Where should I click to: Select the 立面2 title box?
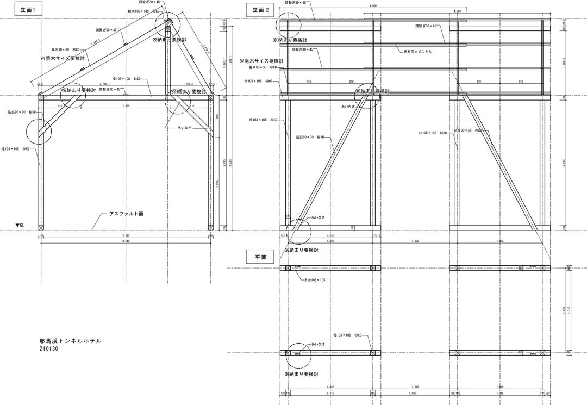click(x=260, y=10)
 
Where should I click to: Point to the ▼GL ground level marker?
click(x=20, y=225)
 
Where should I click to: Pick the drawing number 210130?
click(x=50, y=350)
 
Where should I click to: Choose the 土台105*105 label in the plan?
click(x=315, y=280)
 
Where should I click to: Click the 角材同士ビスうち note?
click(x=417, y=52)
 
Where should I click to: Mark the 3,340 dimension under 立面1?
click(x=126, y=241)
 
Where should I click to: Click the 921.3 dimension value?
click(x=189, y=84)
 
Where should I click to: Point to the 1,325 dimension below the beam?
click(x=126, y=105)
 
